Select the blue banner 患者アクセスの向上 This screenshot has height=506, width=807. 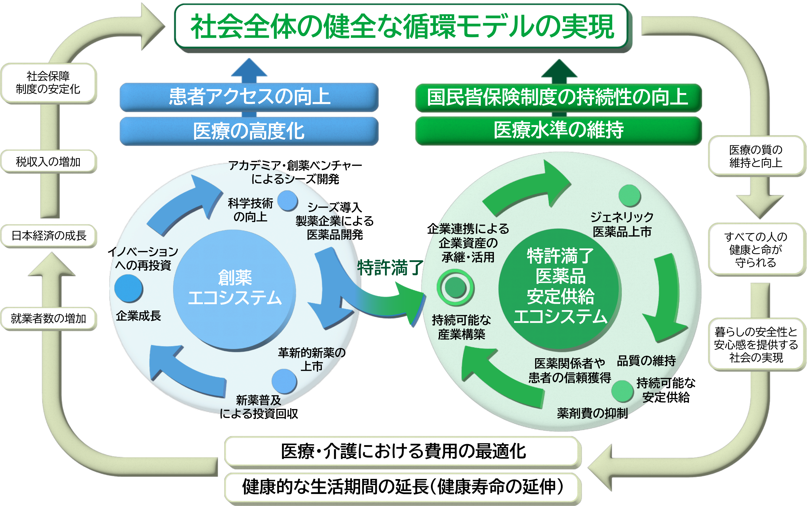249,97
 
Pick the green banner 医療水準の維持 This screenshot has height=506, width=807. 558,130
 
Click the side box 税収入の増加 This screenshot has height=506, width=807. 49,162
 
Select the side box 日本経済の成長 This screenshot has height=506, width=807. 49,236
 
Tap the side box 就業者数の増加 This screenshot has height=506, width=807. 49,318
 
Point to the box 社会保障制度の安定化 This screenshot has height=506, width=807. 49,83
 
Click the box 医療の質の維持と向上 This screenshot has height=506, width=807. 756,156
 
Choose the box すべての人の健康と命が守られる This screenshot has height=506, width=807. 756,249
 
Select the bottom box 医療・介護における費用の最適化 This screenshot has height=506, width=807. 403,451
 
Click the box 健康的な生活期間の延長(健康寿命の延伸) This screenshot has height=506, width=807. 403,487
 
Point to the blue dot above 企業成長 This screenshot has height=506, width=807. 129,288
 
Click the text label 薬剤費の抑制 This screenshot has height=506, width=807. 592,413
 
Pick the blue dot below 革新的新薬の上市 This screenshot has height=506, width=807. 284,381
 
